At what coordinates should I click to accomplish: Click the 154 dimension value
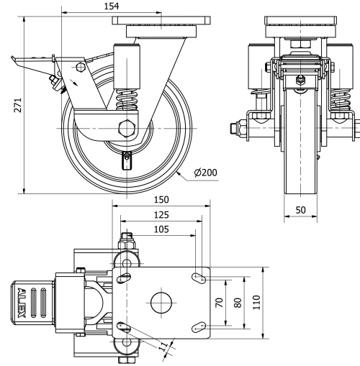(110, 6)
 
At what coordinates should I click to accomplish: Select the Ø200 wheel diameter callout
(206, 173)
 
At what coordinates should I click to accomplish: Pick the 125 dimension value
(161, 214)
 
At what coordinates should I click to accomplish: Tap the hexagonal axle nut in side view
(125, 129)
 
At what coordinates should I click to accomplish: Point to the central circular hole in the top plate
(159, 302)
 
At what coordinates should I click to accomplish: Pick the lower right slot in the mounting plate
(197, 328)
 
